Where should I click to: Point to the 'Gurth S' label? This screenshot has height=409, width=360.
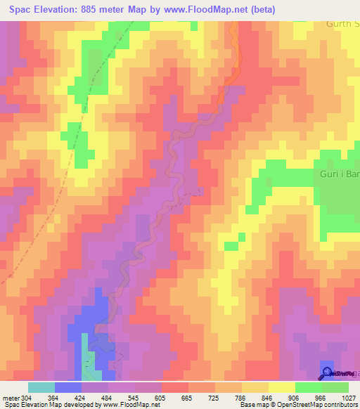pos(342,24)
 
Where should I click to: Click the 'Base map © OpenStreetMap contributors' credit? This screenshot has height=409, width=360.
pos(297,405)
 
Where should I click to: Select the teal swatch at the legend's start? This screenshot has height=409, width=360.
pos(41,387)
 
